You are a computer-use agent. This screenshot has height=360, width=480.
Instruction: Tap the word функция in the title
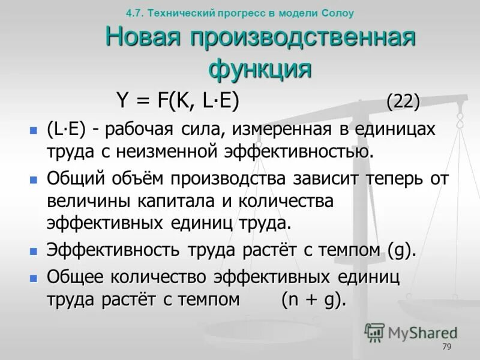[x=260, y=68]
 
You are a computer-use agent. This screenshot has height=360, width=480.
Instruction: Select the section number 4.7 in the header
[x=134, y=12]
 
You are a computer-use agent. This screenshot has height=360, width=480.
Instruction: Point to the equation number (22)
[x=403, y=101]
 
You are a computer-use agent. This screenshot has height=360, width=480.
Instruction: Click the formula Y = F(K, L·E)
[x=178, y=101]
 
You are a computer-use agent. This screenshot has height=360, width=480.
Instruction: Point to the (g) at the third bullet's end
[x=401, y=250]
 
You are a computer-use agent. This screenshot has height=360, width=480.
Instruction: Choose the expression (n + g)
[x=314, y=299]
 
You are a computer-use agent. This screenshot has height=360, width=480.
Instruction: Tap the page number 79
[x=446, y=347]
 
